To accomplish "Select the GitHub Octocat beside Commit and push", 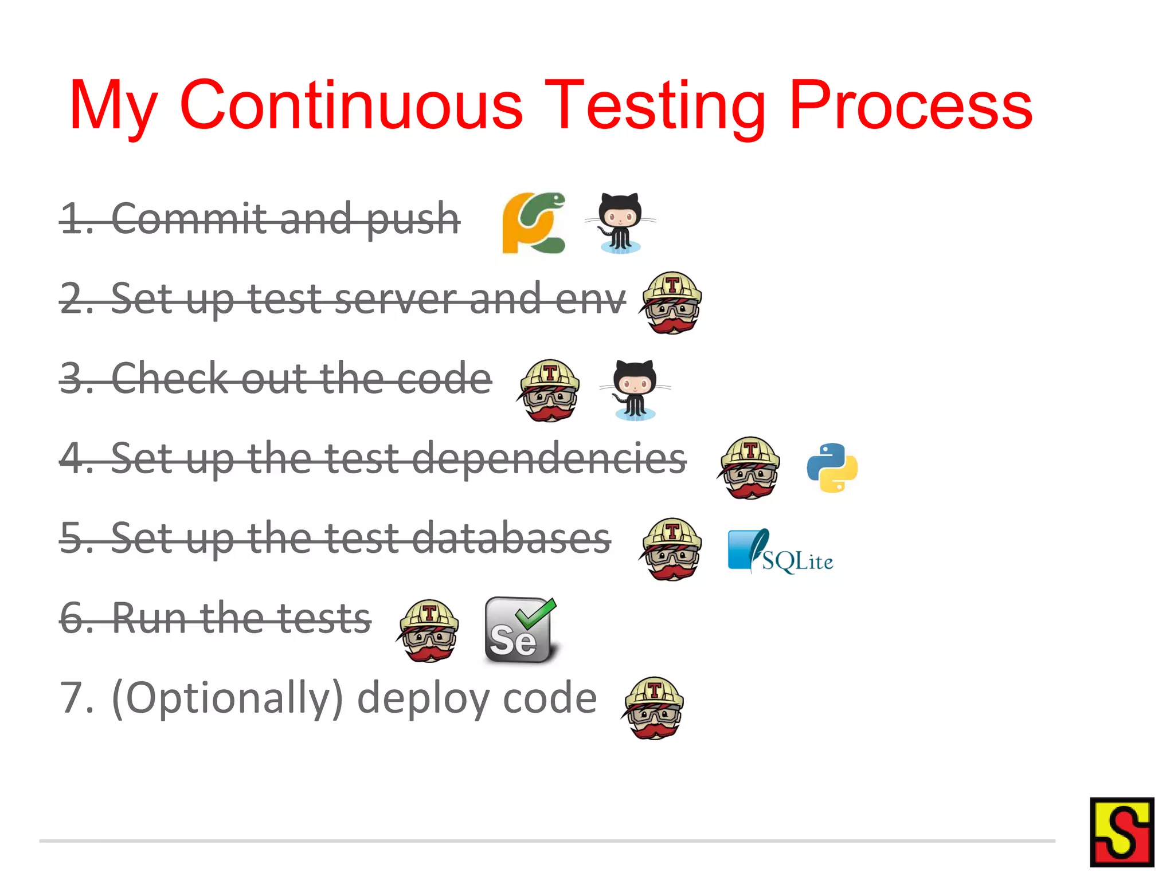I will (620, 223).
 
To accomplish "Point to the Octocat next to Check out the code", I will (635, 390).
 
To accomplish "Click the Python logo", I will (832, 467).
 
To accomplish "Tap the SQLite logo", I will (780, 551).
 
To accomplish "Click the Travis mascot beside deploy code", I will (653, 708).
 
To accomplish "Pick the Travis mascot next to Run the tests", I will (428, 630).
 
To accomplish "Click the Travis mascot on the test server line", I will (672, 302).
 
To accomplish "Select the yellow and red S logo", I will (1121, 832).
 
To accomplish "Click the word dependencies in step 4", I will (549, 458).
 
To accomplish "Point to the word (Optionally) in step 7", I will (227, 698).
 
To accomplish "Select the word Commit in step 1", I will (189, 218).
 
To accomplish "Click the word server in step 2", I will (396, 298).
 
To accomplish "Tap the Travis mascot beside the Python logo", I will (749, 467).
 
